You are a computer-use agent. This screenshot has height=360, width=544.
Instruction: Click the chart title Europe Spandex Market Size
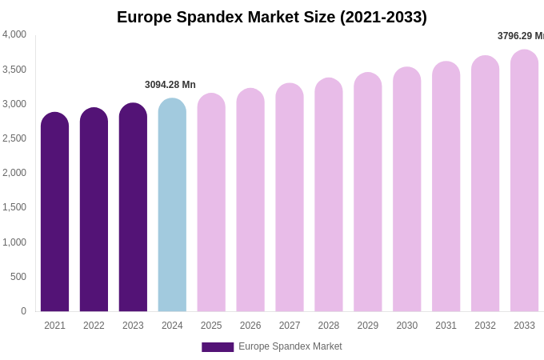click(272, 17)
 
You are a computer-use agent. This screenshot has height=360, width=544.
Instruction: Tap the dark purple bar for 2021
click(54, 212)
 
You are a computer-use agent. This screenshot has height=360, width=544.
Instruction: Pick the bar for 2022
click(94, 210)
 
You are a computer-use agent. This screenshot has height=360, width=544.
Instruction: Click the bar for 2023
click(133, 207)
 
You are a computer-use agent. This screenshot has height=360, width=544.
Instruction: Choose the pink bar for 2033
click(524, 181)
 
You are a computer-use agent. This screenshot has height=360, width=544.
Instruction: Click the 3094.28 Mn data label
click(170, 85)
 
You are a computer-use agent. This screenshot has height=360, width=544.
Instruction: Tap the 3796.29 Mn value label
click(521, 36)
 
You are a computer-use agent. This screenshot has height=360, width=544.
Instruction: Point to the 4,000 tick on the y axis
click(14, 34)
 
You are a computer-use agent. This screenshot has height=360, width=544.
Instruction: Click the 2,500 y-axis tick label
click(14, 138)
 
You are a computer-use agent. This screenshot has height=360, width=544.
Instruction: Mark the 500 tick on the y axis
click(18, 277)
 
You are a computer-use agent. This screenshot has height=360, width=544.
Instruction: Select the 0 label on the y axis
click(23, 311)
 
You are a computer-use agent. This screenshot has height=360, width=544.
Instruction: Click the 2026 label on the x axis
click(250, 326)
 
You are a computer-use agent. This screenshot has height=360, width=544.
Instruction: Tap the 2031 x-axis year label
click(446, 326)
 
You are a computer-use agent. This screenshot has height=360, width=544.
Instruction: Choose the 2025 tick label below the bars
click(211, 326)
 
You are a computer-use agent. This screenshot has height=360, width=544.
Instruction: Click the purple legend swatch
click(218, 347)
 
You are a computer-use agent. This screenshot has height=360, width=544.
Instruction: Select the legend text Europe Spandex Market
click(290, 346)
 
